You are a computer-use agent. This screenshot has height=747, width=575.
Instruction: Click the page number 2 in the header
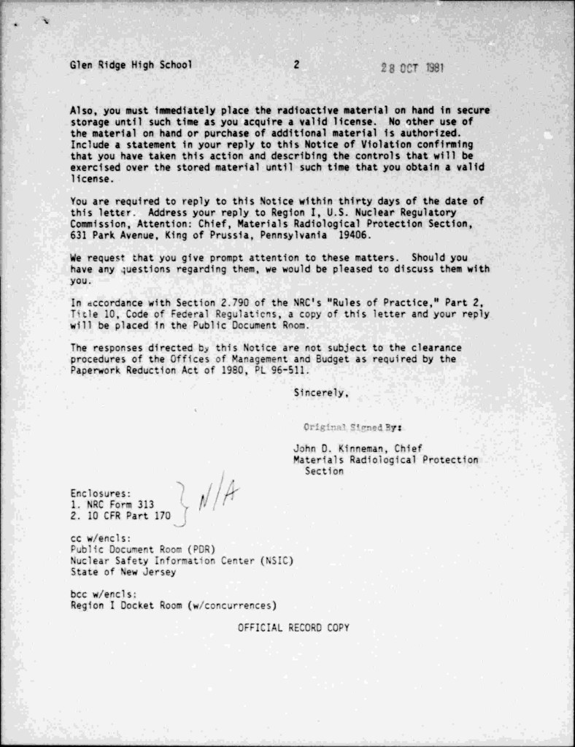coord(296,64)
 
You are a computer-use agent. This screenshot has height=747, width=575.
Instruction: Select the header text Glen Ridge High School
coord(131,64)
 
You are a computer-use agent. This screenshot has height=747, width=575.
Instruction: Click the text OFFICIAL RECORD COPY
coord(293,627)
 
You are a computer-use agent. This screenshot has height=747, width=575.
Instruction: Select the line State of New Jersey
coord(123,572)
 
